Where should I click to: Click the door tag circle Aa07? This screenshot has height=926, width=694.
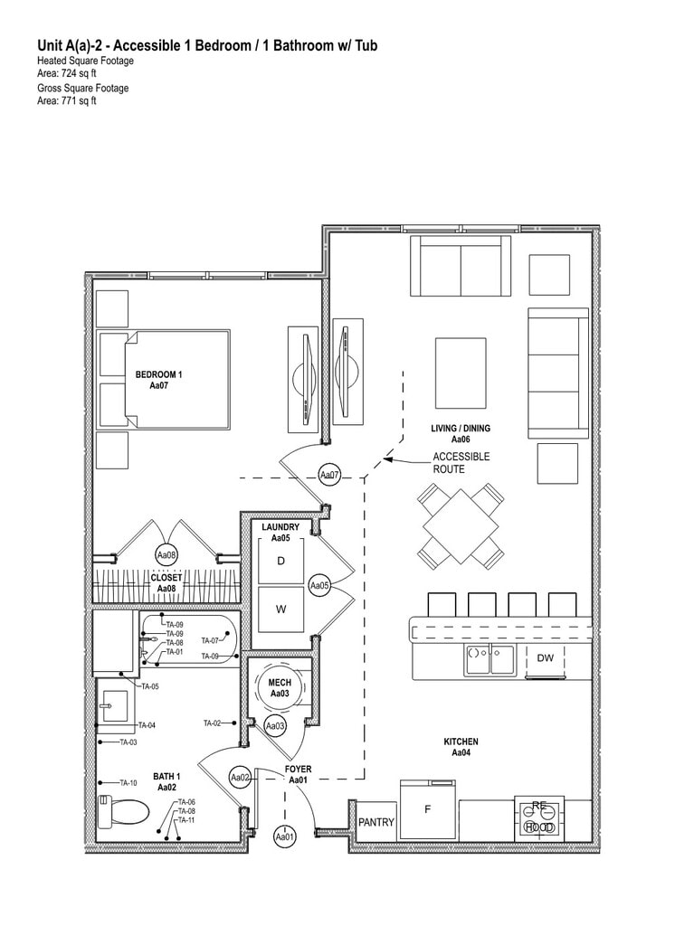pos(330,475)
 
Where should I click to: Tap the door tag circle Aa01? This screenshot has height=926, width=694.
pos(285,837)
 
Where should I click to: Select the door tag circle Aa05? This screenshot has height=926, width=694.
pos(319,586)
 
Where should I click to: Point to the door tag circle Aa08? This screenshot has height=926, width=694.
pos(166,555)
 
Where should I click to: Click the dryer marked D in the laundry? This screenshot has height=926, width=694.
pos(280,561)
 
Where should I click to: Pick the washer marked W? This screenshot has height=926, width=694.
pos(280,609)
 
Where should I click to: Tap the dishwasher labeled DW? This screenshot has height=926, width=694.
pos(545,658)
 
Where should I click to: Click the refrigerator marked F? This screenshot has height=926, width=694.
pos(428,809)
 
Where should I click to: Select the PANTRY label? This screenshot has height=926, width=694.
pos(376,823)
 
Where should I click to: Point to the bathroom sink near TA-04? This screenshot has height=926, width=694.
pos(114,705)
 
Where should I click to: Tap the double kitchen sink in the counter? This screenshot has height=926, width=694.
pos(490,659)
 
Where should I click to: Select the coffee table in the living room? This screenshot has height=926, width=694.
pos(461,373)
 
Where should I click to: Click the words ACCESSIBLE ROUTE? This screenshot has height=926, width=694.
pos(461,463)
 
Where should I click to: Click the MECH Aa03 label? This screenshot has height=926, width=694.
pos(280,688)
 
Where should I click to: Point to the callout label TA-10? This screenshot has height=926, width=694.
pos(128,783)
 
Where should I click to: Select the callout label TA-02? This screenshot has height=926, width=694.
pos(213,723)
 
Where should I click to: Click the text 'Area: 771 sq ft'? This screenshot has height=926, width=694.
pos(67,100)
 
